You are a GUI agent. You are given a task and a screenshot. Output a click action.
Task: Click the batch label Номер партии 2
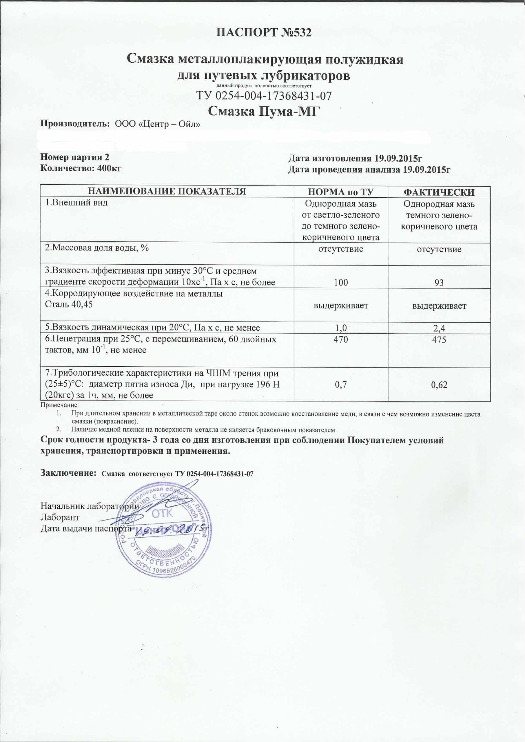coord(75,157)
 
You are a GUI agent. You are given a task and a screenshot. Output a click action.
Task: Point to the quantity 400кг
coord(109,168)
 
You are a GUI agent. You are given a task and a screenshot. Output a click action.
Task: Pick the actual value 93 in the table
coord(439,283)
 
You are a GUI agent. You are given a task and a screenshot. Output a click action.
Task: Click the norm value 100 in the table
coord(341,283)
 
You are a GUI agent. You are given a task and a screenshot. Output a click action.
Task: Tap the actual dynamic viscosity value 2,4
coord(439,328)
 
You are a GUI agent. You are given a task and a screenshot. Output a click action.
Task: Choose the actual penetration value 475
coord(439,340)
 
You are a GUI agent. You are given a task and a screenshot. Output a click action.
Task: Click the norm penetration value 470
coord(341,340)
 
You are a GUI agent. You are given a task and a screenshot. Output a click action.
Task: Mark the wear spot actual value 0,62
coord(439,385)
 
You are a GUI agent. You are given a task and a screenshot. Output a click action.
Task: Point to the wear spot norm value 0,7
coord(341,385)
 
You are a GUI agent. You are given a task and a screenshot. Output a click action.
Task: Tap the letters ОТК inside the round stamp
coord(162,513)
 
